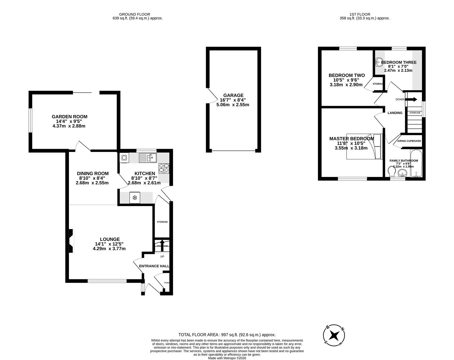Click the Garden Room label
(x=69, y=117)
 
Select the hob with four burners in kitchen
(x=164, y=168)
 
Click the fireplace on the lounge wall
(x=71, y=241)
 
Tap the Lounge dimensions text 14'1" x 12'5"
(x=110, y=244)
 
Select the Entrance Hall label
(x=154, y=266)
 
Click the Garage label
(x=233, y=95)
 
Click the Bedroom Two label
(x=347, y=75)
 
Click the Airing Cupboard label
(x=409, y=141)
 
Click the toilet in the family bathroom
(x=392, y=171)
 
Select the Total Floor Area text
(x=227, y=335)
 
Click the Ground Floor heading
(x=135, y=14)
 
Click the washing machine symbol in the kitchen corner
(x=124, y=157)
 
